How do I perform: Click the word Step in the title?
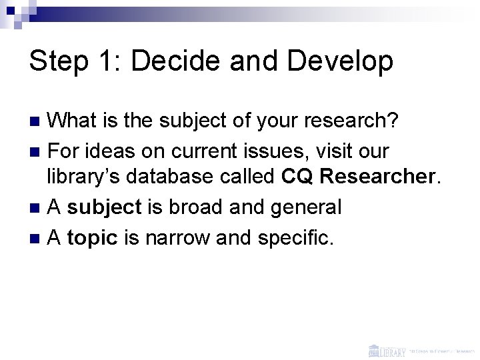[x=60, y=62]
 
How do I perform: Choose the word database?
[x=173, y=178]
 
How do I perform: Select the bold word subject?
[x=105, y=207]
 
